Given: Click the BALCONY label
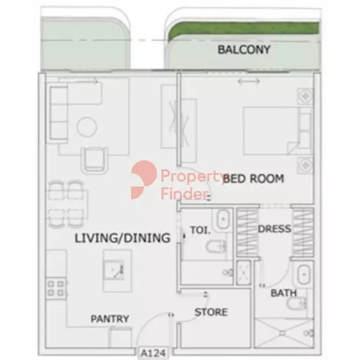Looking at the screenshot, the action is pyautogui.click(x=244, y=50).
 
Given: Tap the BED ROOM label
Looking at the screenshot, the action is pyautogui.click(x=253, y=179).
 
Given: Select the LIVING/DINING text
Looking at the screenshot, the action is pyautogui.click(x=123, y=238).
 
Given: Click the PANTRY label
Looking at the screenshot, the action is pyautogui.click(x=110, y=318).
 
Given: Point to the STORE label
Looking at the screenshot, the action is pyautogui.click(x=211, y=312).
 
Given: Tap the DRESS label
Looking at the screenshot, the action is pyautogui.click(x=274, y=229).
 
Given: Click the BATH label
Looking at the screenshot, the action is pyautogui.click(x=284, y=293).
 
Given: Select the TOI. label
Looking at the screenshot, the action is pyautogui.click(x=200, y=230).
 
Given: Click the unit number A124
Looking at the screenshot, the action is pyautogui.click(x=153, y=353).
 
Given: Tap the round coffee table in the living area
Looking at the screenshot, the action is pyautogui.click(x=86, y=127).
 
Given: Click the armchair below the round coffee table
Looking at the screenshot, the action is pyautogui.click(x=94, y=160).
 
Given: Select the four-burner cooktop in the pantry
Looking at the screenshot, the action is pyautogui.click(x=56, y=289).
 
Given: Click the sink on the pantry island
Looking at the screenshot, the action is pyautogui.click(x=114, y=270).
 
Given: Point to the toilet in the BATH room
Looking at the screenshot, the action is pyautogui.click(x=297, y=303).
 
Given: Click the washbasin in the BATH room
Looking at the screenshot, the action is pyautogui.click(x=304, y=274).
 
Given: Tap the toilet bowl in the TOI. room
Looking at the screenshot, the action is pyautogui.click(x=215, y=246).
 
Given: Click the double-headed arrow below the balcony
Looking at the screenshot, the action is pyautogui.click(x=249, y=81).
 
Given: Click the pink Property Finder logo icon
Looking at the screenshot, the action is pyautogui.click(x=144, y=180).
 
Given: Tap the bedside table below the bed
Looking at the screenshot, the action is pyautogui.click(x=305, y=165).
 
